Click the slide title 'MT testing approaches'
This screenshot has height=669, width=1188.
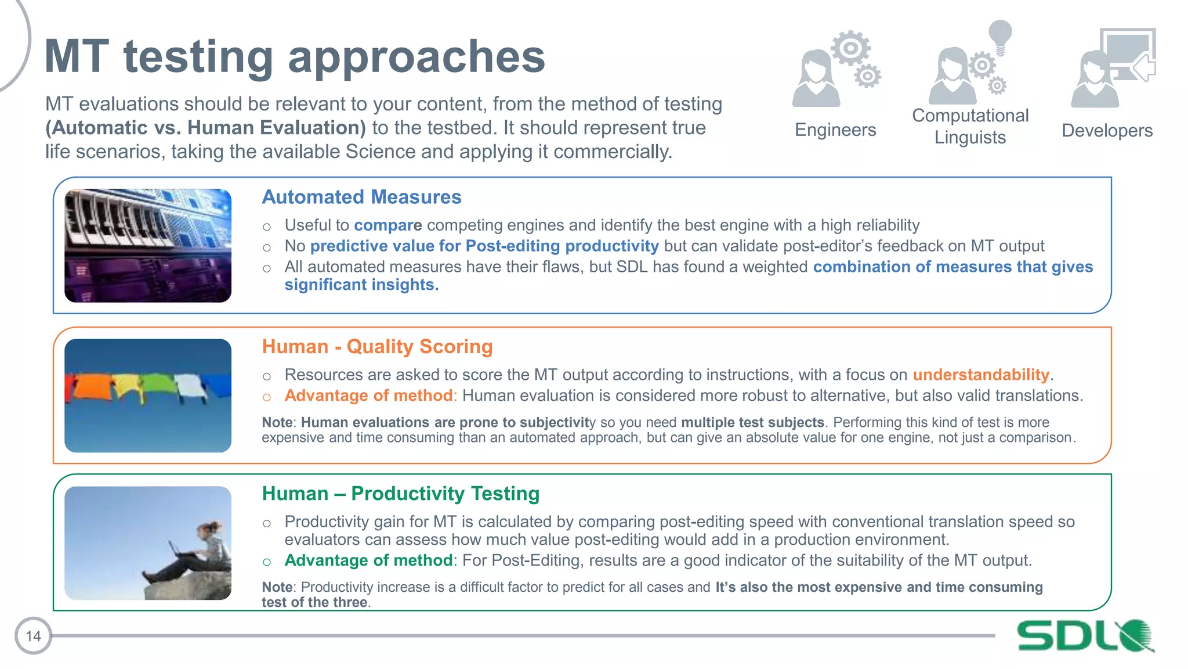(x=295, y=57)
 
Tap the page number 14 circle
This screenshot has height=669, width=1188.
(x=33, y=636)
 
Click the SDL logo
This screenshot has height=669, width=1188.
(x=1085, y=635)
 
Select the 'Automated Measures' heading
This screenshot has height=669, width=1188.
(x=361, y=197)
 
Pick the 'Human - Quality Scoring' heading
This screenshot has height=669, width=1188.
(x=377, y=347)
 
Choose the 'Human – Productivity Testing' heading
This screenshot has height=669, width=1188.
(x=400, y=494)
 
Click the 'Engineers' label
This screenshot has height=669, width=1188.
(x=835, y=130)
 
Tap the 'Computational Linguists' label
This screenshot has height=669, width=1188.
(x=970, y=127)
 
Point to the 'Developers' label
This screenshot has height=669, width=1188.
(x=1107, y=131)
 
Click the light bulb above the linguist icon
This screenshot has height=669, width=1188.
(x=1000, y=35)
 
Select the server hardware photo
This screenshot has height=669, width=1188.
(x=148, y=245)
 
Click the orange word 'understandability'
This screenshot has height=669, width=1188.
(x=981, y=375)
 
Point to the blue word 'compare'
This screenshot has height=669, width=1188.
(x=387, y=225)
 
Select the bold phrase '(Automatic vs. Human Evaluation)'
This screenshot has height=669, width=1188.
(x=205, y=128)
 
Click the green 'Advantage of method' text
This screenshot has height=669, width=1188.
(x=368, y=560)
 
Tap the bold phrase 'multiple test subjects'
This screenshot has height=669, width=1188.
(x=752, y=422)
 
